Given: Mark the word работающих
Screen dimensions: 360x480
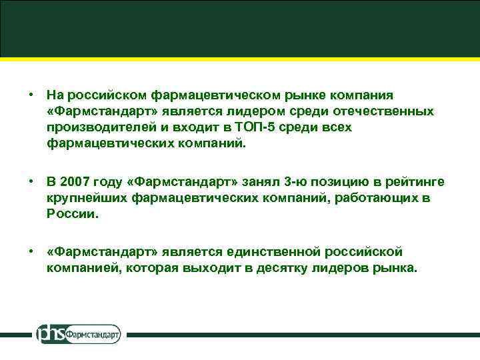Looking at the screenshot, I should coord(367,199).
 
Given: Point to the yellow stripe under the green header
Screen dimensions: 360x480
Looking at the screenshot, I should coord(240,60).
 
